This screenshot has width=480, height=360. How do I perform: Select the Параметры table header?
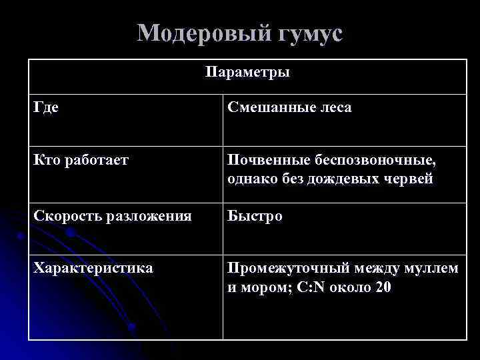(247, 72)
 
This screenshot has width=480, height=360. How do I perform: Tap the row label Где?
(45, 107)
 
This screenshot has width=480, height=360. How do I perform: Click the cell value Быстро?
(255, 217)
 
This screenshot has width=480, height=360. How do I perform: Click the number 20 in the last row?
(383, 287)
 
